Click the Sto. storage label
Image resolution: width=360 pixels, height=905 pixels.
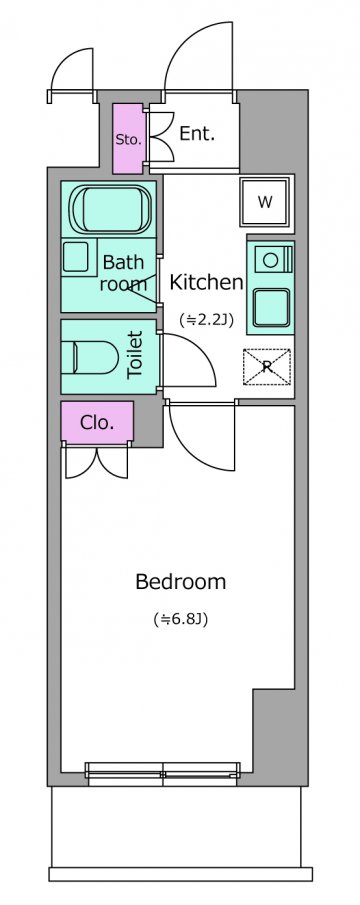[x=128, y=140]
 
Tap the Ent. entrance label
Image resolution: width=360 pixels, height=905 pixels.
[x=197, y=134]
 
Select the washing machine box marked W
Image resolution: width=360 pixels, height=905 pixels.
[x=265, y=202]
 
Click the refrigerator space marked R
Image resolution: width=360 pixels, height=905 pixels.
[x=267, y=367]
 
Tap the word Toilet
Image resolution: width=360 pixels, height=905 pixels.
[x=135, y=354]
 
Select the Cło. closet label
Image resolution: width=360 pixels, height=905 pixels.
[x=97, y=423]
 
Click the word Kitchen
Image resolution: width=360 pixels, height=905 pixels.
[x=206, y=282]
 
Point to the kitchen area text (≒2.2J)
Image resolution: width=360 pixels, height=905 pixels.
[x=206, y=319]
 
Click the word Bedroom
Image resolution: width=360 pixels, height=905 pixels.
[x=181, y=582]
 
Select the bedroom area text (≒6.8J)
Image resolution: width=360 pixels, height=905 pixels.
[x=181, y=619]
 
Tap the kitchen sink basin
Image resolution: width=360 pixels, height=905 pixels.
[x=270, y=308]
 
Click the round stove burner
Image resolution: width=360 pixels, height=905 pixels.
[x=270, y=260]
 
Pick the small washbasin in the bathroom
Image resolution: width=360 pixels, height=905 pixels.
[x=76, y=257]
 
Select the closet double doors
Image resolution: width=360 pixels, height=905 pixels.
[x=96, y=461]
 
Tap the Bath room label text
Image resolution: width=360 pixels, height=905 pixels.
[x=123, y=273]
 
